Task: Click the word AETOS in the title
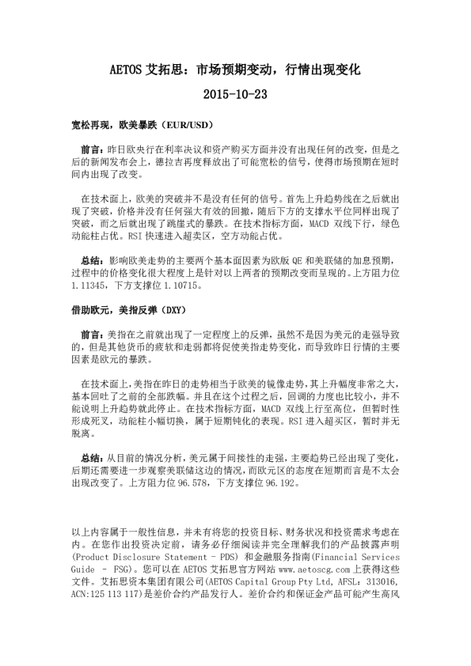coord(125,70)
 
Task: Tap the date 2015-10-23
coord(235,94)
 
